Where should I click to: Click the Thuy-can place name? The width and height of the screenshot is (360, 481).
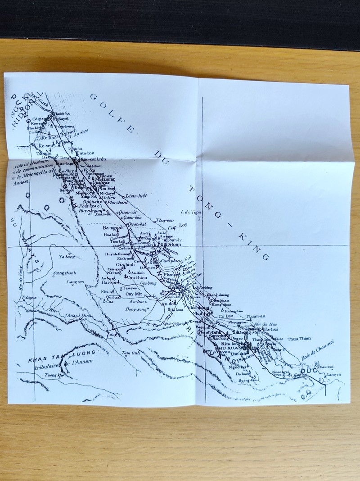[164, 220]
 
